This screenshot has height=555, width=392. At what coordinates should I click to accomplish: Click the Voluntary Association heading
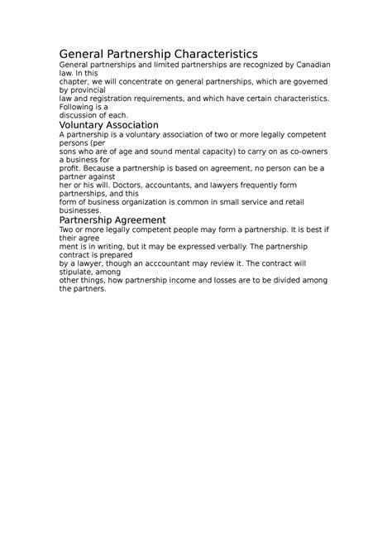(109, 124)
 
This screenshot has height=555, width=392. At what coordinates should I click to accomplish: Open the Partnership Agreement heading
(113, 220)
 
